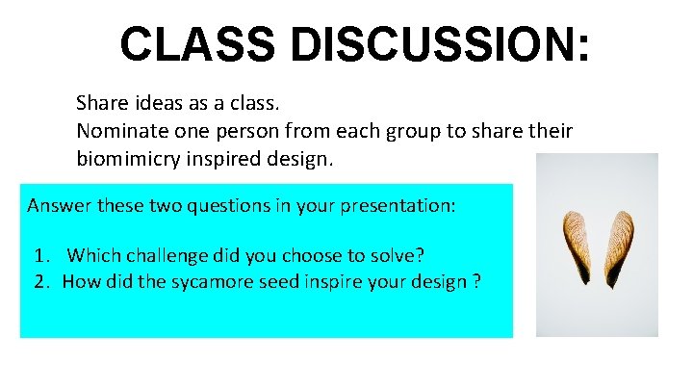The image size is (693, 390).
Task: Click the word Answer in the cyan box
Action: point(56,205)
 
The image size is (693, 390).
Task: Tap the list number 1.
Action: point(40,256)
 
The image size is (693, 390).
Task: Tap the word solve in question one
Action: point(402,256)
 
